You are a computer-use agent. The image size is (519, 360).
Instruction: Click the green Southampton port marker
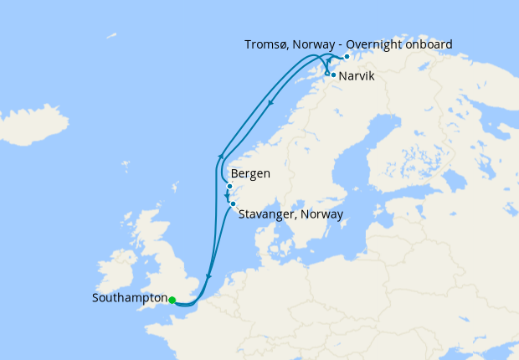coord(171,300)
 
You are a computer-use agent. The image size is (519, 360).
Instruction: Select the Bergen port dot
coord(229,187)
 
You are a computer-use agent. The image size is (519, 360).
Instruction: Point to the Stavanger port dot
coord(232,203)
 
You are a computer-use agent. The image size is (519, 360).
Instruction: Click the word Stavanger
coord(267,214)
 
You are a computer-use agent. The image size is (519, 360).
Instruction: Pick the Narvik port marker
coord(333,75)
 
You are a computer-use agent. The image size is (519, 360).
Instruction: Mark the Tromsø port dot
coord(346,56)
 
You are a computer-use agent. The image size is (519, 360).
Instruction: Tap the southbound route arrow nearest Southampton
coord(208,277)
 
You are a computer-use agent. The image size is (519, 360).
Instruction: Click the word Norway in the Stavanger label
coord(322,214)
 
